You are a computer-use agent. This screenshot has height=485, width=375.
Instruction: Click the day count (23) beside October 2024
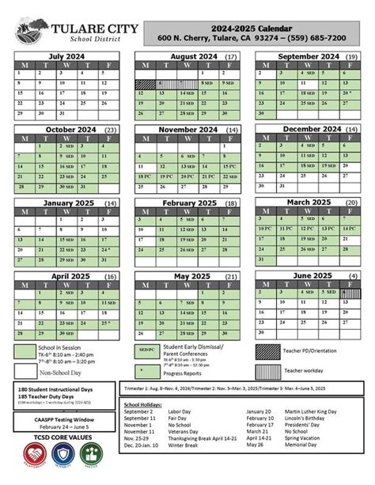(x=110, y=128)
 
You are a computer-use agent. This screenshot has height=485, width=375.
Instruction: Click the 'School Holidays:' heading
(x=146, y=404)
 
